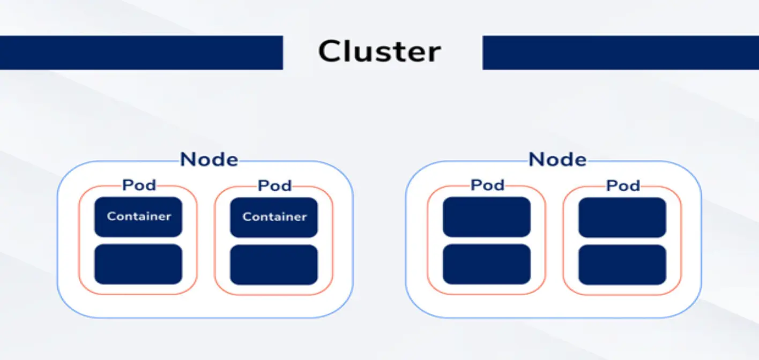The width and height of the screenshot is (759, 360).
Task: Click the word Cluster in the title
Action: click(x=379, y=52)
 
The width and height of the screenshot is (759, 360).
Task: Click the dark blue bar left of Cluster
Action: click(x=141, y=52)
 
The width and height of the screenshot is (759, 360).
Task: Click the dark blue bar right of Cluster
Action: click(x=621, y=52)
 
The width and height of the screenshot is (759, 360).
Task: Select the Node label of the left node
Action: click(x=209, y=160)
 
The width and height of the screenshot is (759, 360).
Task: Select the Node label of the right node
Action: click(x=557, y=160)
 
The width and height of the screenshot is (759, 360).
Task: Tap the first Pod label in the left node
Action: click(x=139, y=185)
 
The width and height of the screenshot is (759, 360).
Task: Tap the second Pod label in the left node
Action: click(x=274, y=186)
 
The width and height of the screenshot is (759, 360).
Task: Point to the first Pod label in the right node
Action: click(x=487, y=185)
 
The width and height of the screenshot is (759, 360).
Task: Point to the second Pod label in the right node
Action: click(x=623, y=186)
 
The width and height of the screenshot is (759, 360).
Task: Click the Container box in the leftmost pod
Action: click(x=138, y=217)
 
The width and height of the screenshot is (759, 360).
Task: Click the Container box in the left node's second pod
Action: click(x=274, y=217)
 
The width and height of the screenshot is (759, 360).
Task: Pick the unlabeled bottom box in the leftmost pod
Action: click(x=138, y=264)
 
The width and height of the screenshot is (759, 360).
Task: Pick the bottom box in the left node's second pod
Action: click(x=274, y=265)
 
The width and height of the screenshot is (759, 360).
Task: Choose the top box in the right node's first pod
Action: click(x=487, y=217)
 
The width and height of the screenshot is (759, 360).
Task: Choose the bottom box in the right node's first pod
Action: click(x=487, y=264)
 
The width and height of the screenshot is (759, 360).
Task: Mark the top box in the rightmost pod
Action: click(x=622, y=217)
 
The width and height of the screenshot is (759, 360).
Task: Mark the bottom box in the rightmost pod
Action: click(x=622, y=265)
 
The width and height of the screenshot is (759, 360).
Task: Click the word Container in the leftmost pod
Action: click(x=139, y=216)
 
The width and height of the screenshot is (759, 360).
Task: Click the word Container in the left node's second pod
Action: click(x=274, y=217)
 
